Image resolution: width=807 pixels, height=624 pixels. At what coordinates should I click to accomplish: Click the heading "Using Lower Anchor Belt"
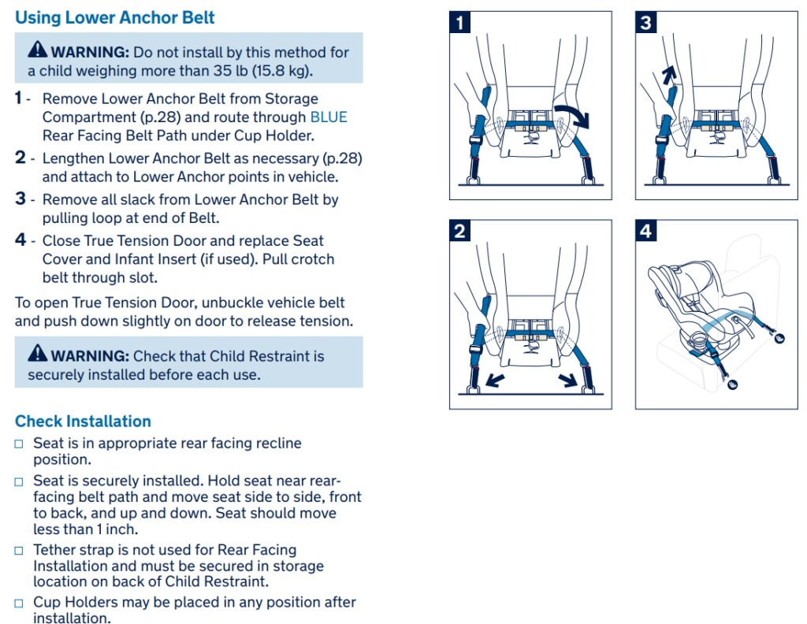tap(115, 17)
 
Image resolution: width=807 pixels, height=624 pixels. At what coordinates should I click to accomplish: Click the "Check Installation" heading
tap(83, 421)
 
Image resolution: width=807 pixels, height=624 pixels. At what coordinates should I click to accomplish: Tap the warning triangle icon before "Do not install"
tap(37, 51)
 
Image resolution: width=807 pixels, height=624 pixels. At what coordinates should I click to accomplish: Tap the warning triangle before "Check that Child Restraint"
tap(37, 355)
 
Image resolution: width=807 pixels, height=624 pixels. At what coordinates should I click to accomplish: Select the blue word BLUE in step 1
tap(329, 117)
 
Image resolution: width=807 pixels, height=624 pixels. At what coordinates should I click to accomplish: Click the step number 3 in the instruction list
tap(20, 199)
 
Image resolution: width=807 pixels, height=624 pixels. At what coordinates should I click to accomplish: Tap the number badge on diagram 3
tap(646, 22)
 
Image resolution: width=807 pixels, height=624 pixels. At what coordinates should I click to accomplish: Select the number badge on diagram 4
tap(646, 231)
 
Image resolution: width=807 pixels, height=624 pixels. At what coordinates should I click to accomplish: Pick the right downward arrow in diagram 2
tap(566, 380)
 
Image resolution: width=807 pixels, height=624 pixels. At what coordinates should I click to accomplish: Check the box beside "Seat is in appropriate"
tap(20, 444)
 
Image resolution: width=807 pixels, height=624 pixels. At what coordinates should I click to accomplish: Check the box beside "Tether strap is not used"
tap(20, 551)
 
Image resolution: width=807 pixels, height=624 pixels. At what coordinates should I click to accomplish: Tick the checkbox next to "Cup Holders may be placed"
tap(20, 604)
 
